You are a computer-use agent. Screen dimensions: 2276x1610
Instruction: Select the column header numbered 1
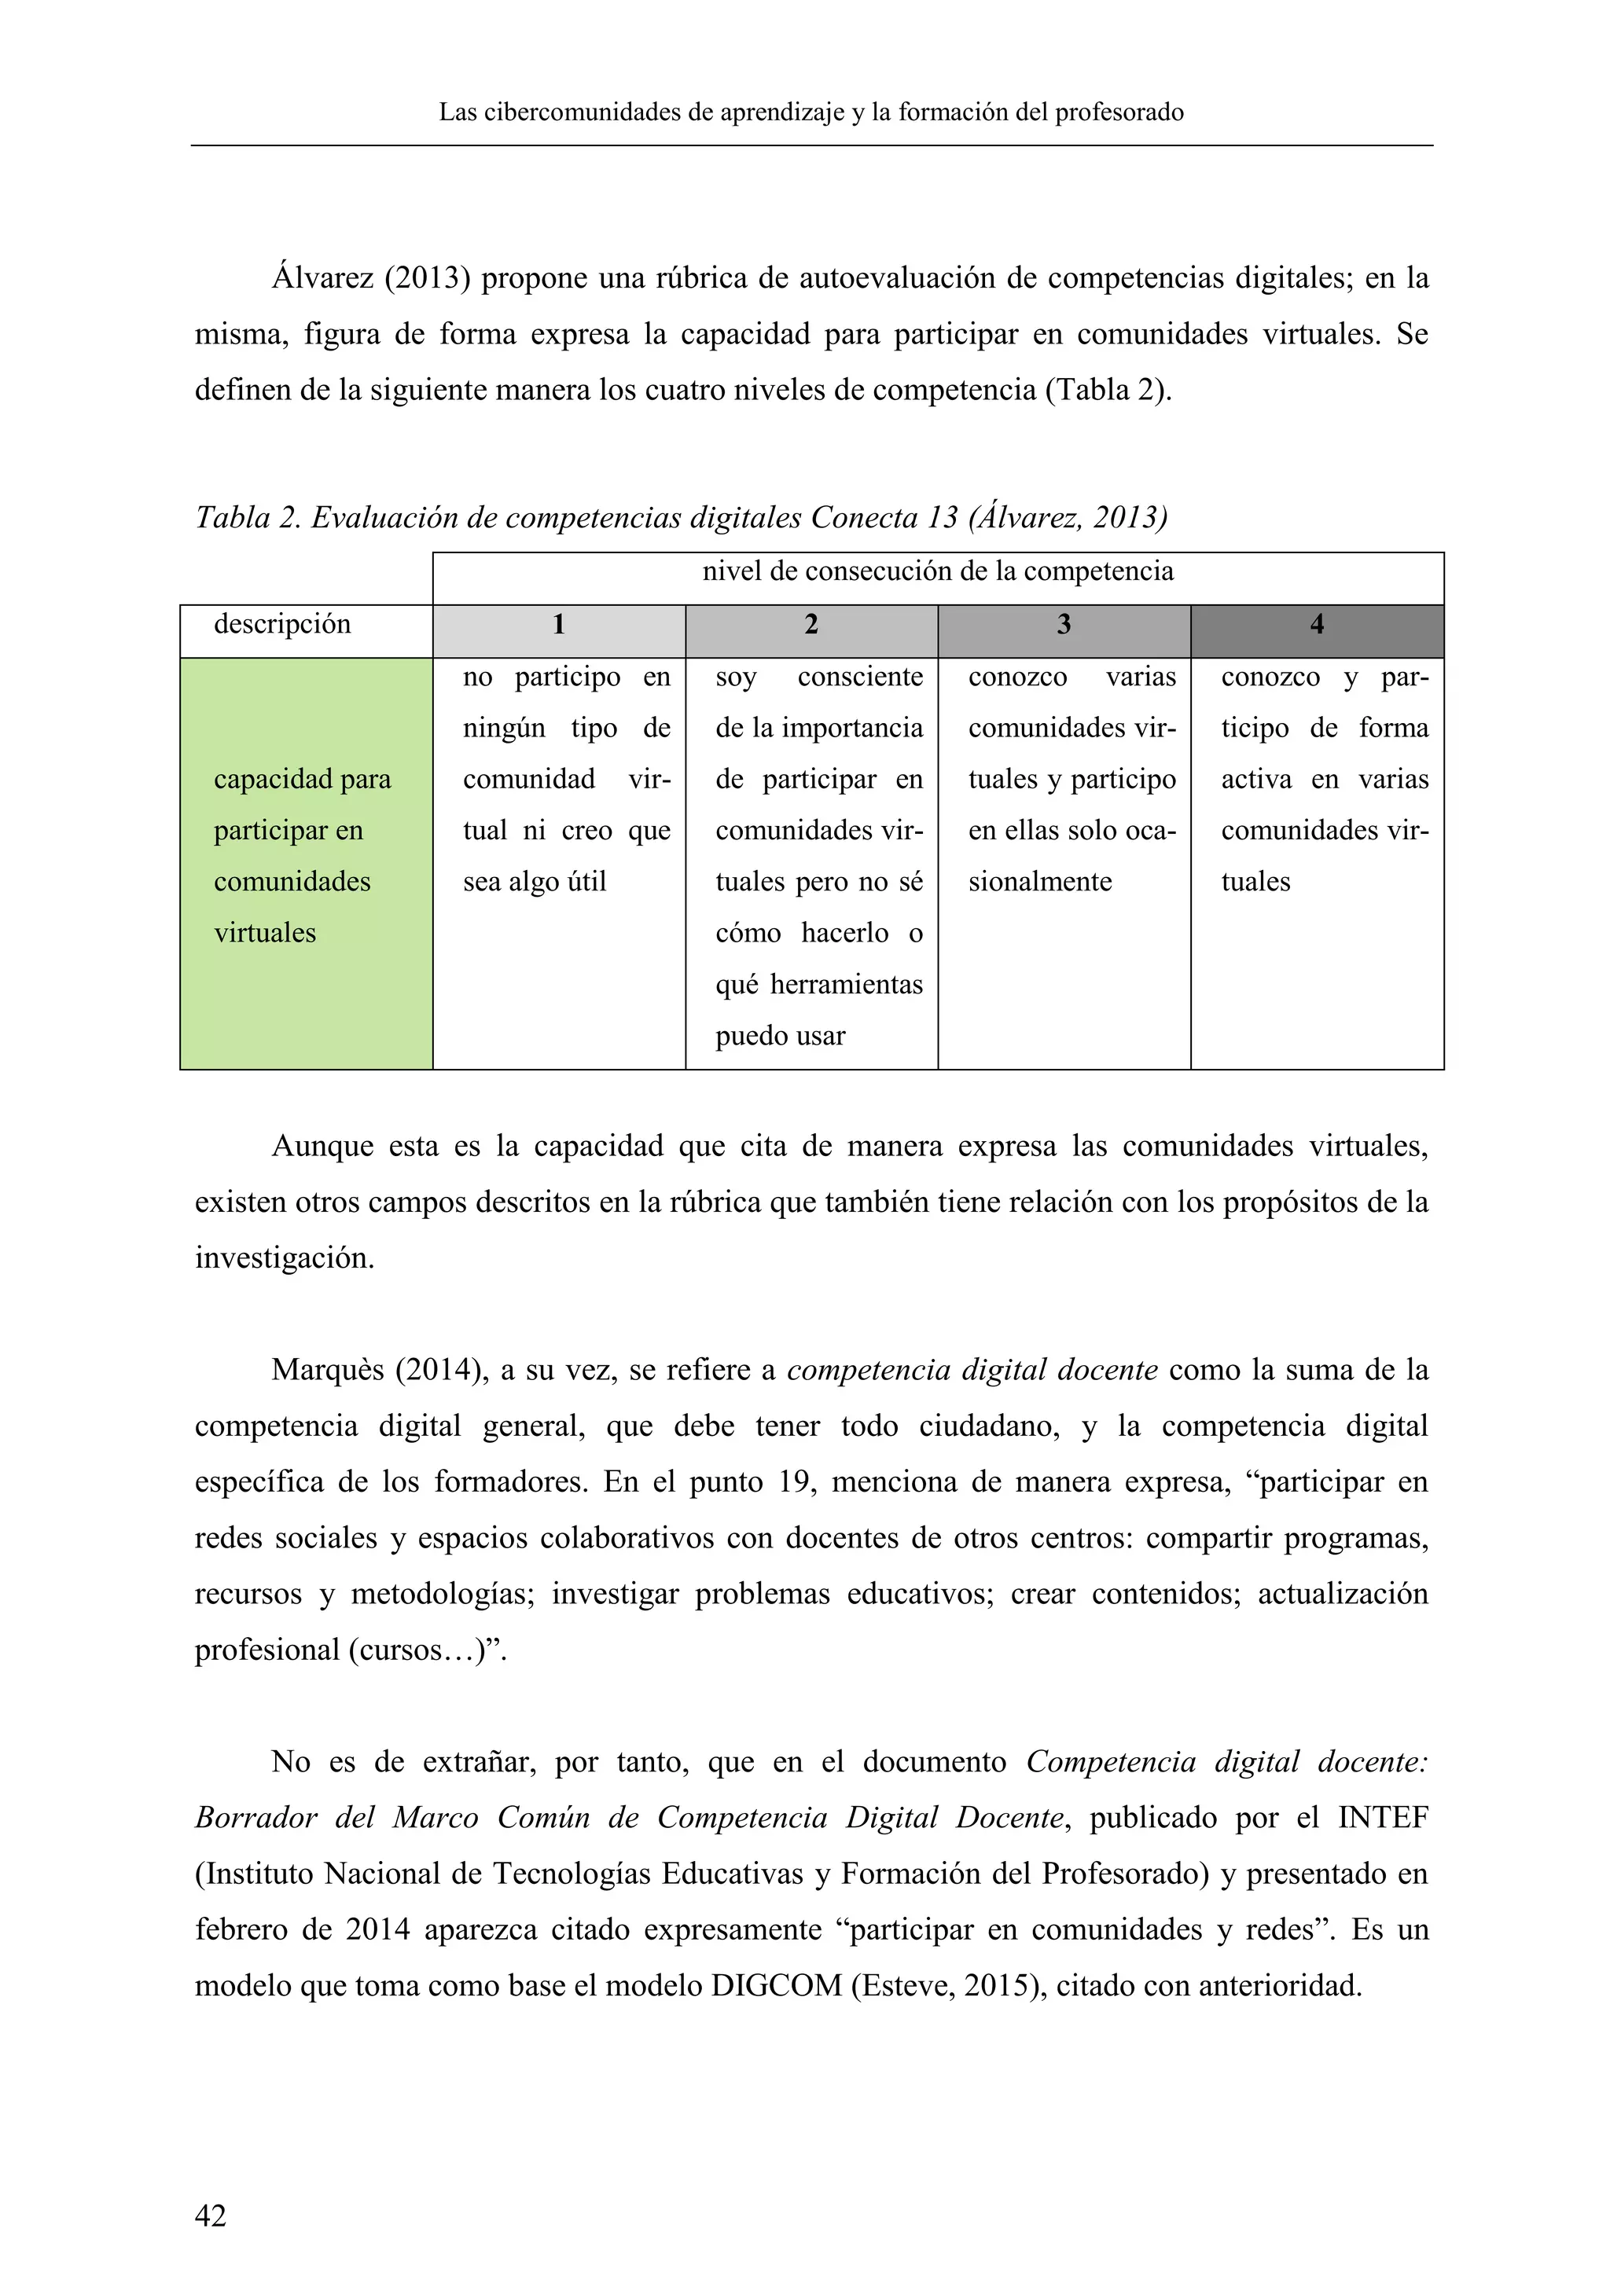coord(559,625)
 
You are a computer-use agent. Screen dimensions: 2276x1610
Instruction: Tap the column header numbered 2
coord(811,625)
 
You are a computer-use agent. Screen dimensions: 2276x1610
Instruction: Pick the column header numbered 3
coord(1064,625)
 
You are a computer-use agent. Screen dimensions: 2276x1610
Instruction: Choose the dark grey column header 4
coord(1317,625)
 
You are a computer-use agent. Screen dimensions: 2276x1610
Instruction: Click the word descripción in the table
coord(282,625)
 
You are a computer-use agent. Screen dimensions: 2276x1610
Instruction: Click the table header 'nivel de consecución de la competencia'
coord(938,572)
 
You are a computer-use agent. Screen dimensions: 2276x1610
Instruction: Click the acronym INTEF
coord(1383,1818)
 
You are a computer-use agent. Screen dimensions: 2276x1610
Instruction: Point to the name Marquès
coord(328,1371)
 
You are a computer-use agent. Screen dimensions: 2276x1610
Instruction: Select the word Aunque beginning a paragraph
coord(322,1147)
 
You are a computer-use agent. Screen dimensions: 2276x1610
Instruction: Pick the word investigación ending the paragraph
coord(285,1259)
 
